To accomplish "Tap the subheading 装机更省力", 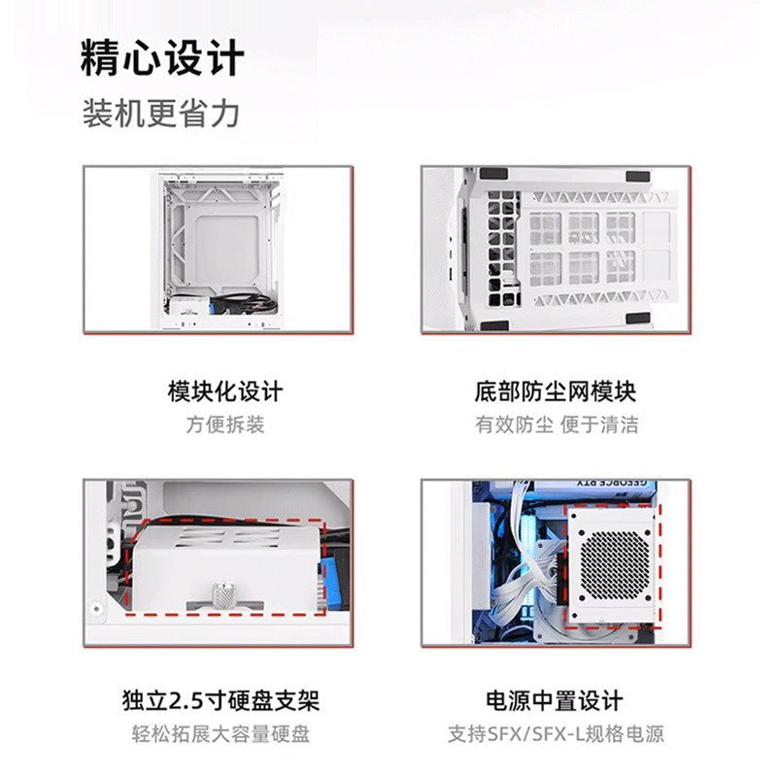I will pyautogui.click(x=160, y=114).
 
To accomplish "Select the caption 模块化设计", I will pyautogui.click(x=225, y=391).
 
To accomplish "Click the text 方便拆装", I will pyautogui.click(x=225, y=424).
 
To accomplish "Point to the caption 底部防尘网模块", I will pyautogui.click(x=556, y=391).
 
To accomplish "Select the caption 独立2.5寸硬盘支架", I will pyautogui.click(x=221, y=700).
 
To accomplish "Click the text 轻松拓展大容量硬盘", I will pyautogui.click(x=221, y=733).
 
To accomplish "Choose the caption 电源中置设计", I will pyautogui.click(x=555, y=700).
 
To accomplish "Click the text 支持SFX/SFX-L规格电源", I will pyautogui.click(x=556, y=733).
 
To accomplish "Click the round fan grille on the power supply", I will pyautogui.click(x=613, y=566).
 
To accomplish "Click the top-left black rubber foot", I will pyautogui.click(x=493, y=174).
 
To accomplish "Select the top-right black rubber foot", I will pyautogui.click(x=638, y=177).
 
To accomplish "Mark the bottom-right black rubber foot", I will pyautogui.click(x=637, y=318).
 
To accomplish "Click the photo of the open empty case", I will pyautogui.click(x=218, y=249).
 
